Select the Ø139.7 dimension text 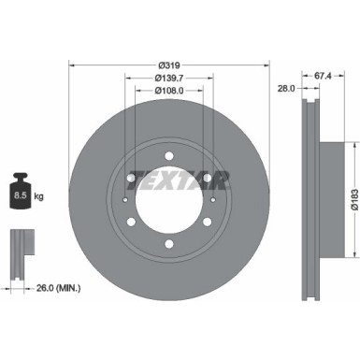tap(169, 78)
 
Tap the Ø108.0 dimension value tap(169, 91)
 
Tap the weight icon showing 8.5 tap(21, 197)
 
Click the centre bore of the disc tap(169, 201)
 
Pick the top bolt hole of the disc tap(169, 155)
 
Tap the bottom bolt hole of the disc tap(169, 245)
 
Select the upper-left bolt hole tap(130, 178)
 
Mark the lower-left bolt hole tap(130, 223)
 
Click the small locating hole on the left tap(125, 200)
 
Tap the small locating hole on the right tap(214, 200)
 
